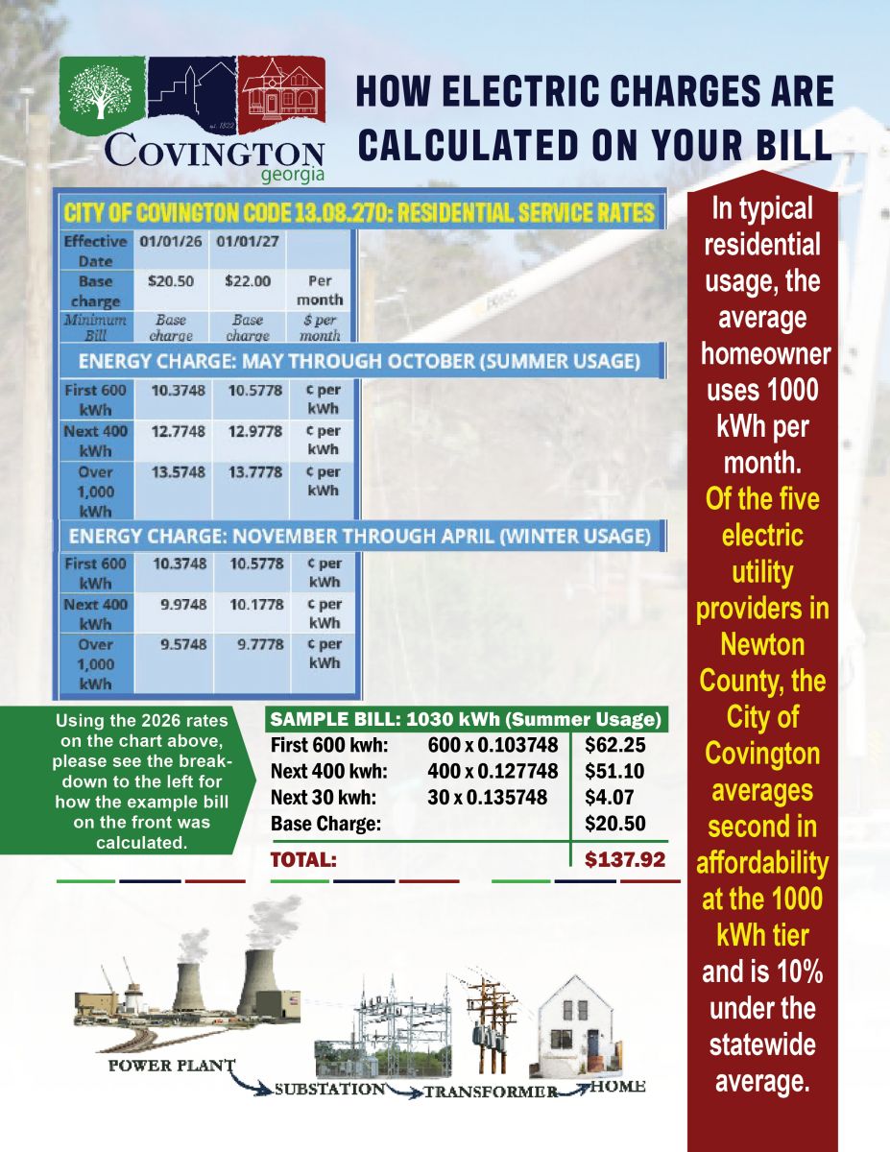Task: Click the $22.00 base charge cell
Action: (249, 281)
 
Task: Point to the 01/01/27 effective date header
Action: (249, 241)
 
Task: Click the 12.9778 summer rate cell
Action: (255, 431)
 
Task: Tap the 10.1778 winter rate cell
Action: (255, 604)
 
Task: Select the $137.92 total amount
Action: (625, 859)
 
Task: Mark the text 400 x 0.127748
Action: (493, 770)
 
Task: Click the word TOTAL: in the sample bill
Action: (303, 860)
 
